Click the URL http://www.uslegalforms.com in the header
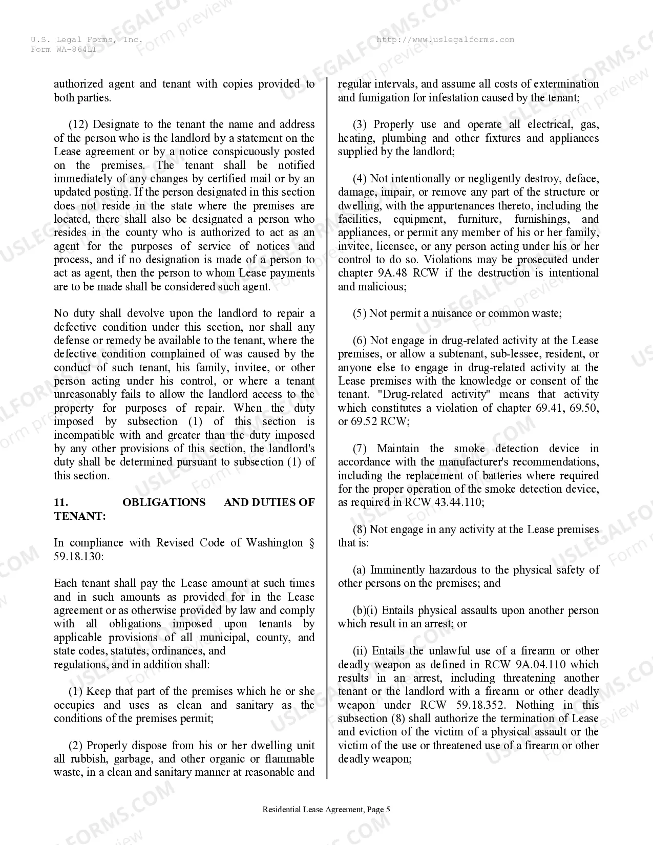pyautogui.click(x=445, y=40)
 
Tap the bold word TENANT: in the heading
pyautogui.click(x=79, y=516)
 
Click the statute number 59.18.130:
pyautogui.click(x=78, y=556)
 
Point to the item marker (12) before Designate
pyautogui.click(x=79, y=124)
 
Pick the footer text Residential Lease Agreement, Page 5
pyautogui.click(x=326, y=810)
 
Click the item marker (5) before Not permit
pyautogui.click(x=359, y=313)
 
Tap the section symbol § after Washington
pyautogui.click(x=312, y=543)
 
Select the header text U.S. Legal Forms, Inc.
pyautogui.click(x=87, y=40)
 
